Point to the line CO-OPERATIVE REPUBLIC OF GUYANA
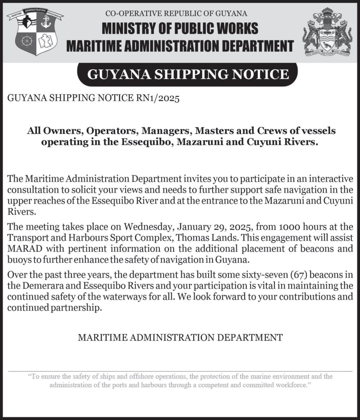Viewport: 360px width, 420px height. point(176,14)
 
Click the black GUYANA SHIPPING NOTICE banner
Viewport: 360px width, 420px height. point(188,75)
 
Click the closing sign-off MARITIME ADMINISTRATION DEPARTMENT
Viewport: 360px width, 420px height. point(180,337)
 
